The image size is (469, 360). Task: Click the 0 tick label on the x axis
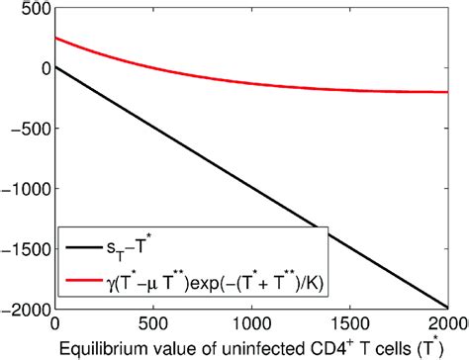tap(54, 322)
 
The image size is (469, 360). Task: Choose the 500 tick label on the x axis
tap(152, 322)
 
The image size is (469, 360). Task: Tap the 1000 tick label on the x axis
tap(250, 322)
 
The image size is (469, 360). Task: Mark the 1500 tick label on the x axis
tap(349, 322)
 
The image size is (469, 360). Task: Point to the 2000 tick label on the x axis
tap(447, 322)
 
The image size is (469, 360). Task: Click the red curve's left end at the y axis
tap(55, 38)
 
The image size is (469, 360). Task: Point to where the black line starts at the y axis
tap(55, 67)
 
